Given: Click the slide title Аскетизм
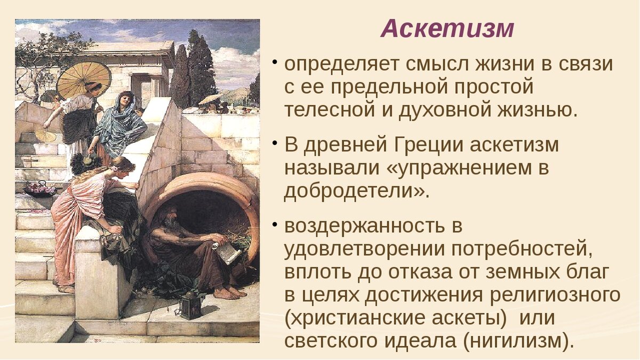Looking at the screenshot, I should point(447,29).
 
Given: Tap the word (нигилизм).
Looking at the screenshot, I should point(516,340).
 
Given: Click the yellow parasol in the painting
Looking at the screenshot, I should point(84,79).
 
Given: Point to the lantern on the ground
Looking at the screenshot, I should point(190,305).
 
